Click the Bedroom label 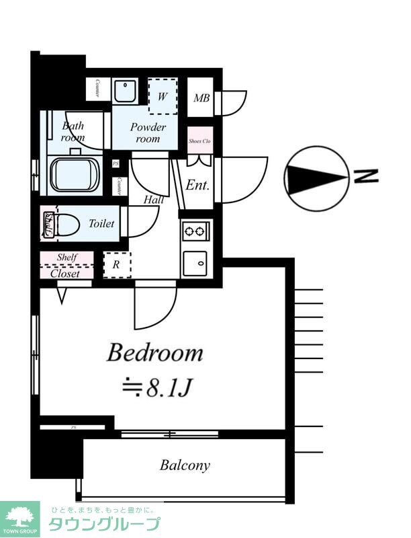155,353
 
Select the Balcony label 185,465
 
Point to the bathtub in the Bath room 75,174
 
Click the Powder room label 148,132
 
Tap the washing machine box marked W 163,96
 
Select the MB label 201,98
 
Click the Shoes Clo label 200,141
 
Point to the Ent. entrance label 198,185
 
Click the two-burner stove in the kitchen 195,232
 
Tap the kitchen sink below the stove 195,262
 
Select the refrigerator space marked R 117,265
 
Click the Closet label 65,274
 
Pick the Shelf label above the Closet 66,258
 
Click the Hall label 154,200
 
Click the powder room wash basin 124,91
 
